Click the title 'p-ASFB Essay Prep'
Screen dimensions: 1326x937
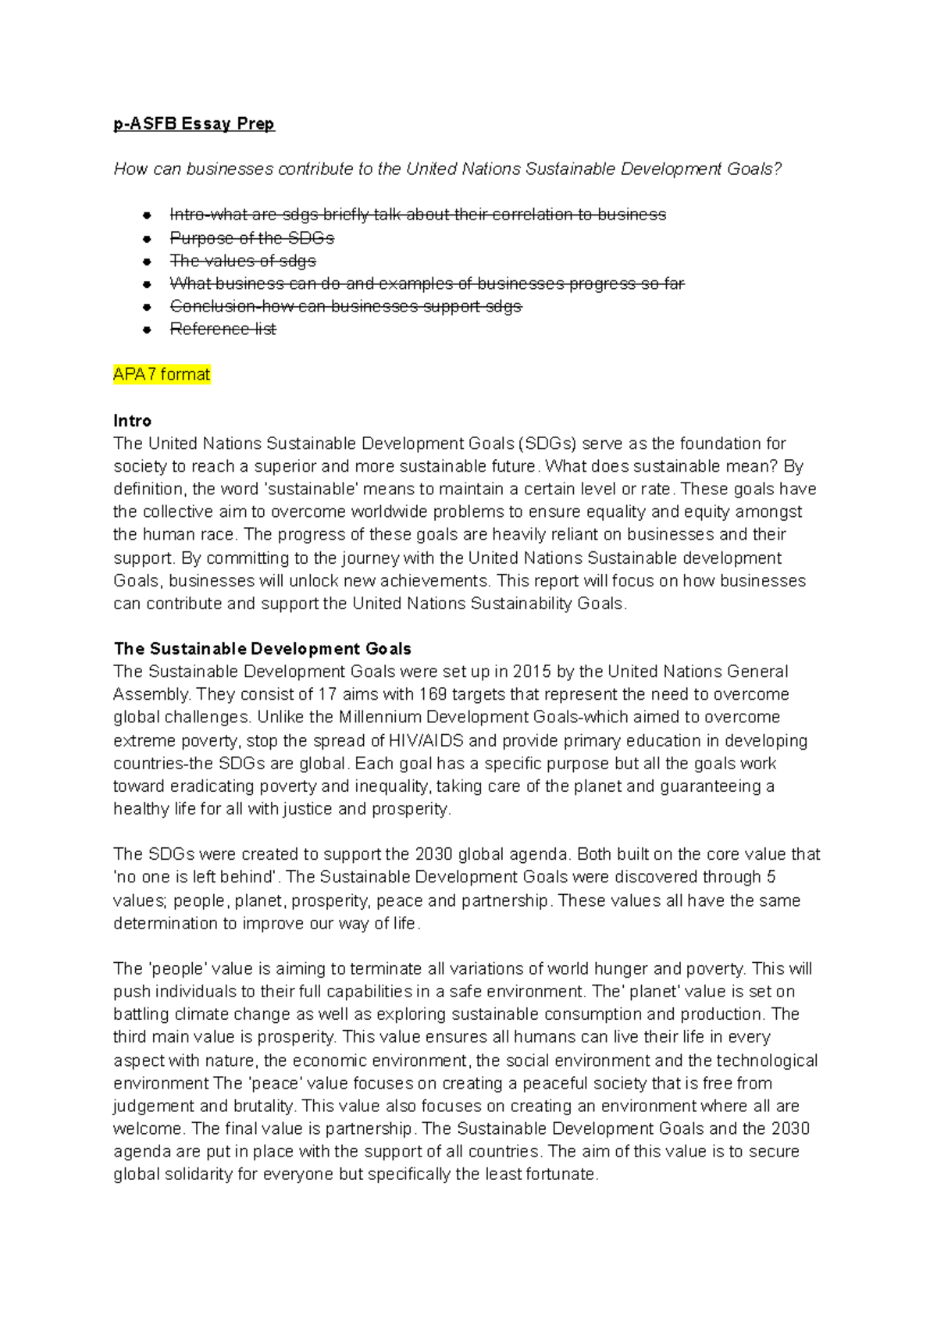194,123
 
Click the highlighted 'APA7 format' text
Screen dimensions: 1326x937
162,375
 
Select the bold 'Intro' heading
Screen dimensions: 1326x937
132,421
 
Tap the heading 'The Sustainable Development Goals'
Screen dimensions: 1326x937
262,649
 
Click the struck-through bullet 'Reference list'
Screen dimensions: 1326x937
223,330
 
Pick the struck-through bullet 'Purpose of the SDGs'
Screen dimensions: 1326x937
251,238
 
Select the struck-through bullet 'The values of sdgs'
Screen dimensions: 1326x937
243,261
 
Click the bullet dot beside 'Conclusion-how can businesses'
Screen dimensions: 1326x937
147,307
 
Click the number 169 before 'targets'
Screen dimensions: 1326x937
433,694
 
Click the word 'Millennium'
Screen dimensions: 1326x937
380,717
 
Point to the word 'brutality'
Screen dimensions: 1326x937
265,1106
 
